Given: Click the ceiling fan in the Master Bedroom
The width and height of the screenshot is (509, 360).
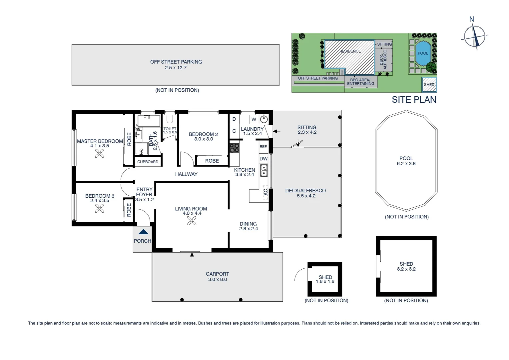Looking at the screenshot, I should tap(100, 153).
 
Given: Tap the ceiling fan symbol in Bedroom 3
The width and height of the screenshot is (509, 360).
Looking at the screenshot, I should tap(100, 208).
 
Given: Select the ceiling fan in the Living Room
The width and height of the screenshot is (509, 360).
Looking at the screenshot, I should tap(192, 221).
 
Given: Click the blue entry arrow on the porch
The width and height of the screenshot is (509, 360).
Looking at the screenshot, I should tap(143, 232).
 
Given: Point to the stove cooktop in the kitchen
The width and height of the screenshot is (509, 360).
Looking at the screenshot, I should tap(235, 148).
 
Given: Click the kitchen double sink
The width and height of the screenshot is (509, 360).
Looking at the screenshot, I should tap(264, 170).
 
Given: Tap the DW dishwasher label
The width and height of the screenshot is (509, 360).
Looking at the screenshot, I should tap(263, 159).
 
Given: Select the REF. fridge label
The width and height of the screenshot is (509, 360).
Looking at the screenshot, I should tap(263, 147).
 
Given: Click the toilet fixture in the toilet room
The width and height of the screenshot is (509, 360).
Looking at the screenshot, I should tap(170, 119).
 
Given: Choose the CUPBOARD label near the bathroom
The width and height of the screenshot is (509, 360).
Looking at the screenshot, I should tap(148, 162).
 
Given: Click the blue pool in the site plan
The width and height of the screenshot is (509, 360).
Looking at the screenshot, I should tap(423, 53).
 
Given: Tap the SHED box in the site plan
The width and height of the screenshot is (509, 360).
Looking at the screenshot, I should tap(429, 84).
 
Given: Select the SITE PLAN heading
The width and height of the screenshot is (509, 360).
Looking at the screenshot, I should tap(414, 100).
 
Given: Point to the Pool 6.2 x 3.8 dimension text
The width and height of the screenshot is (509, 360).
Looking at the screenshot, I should tap(406, 164).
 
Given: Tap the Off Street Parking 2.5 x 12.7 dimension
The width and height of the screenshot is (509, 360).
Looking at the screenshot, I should tap(176, 68).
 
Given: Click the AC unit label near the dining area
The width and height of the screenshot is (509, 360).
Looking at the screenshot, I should tap(265, 193).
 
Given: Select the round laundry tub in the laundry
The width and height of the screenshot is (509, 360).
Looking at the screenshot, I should tap(264, 119).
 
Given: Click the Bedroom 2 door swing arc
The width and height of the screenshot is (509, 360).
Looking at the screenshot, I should tap(187, 158).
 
